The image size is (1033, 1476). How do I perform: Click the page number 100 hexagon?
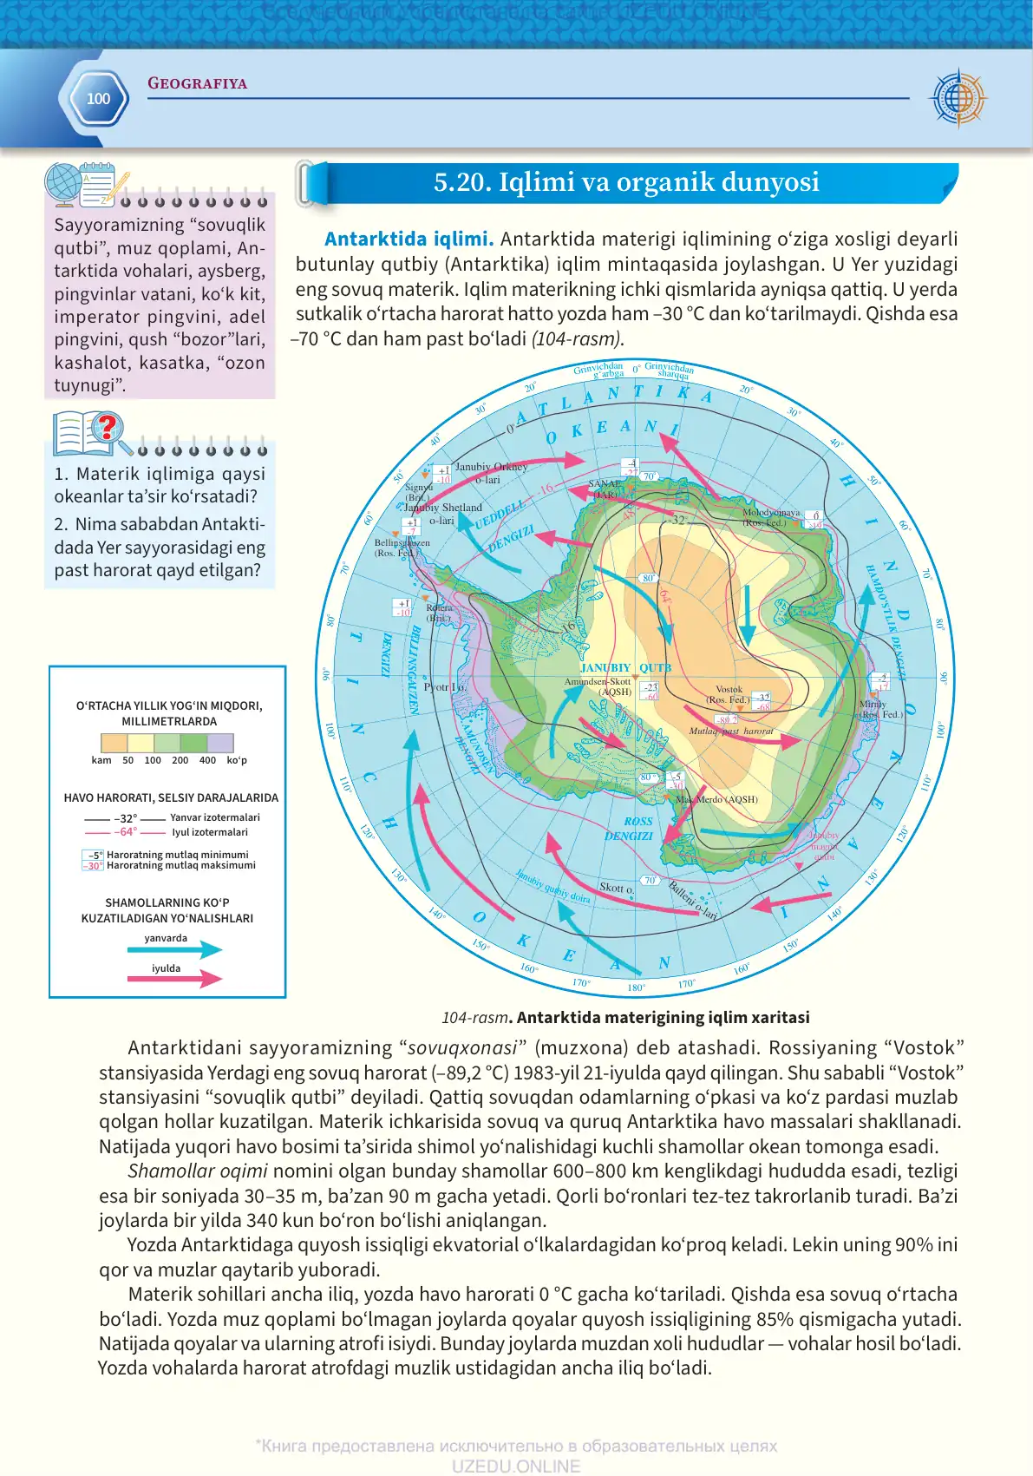[98, 99]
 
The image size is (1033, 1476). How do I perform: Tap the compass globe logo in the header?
[958, 97]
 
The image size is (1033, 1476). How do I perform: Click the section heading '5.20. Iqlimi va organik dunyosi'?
[626, 182]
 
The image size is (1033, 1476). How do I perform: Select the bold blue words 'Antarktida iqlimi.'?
[409, 239]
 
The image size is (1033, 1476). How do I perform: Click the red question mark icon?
[108, 427]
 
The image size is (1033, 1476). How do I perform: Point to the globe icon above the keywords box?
[63, 184]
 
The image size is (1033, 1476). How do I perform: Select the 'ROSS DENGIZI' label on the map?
[631, 829]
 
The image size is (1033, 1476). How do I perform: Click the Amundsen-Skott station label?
[598, 686]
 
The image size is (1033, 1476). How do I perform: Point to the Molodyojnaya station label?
[770, 517]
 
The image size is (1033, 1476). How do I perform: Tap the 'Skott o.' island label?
[616, 888]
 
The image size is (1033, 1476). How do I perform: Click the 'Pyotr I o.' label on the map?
[445, 687]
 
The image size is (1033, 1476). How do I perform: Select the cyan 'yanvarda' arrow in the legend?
[174, 949]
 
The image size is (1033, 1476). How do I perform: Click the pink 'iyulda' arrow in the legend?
[174, 980]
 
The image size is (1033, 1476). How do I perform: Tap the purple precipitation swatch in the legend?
[220, 743]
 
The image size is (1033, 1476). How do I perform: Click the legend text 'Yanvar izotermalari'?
[214, 817]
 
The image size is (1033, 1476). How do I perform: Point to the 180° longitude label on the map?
[636, 987]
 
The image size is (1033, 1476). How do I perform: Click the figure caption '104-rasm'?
[474, 1018]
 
